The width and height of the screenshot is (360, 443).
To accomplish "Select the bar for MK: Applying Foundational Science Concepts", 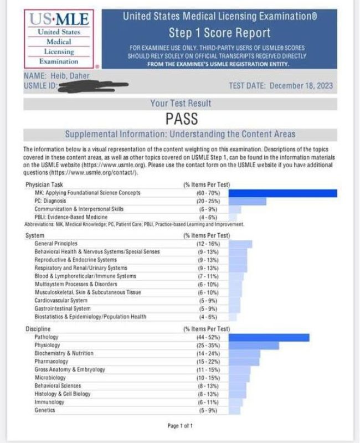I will (x=282, y=193).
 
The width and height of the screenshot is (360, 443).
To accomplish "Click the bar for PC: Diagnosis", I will (x=247, y=201).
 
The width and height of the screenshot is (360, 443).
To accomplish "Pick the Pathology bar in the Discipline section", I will (x=269, y=337).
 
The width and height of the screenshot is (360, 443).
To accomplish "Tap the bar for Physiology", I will (x=254, y=346).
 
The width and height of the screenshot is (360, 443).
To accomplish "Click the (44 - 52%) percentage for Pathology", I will (x=206, y=337).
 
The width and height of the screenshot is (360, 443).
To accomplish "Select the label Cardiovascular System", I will (x=61, y=301).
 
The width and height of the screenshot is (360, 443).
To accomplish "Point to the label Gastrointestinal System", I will (x=62, y=309).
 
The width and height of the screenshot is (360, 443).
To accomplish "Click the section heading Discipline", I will (x=39, y=329).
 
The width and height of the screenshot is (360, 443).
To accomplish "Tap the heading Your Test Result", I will (x=181, y=104).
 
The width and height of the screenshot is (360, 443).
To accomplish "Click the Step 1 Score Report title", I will (x=220, y=33).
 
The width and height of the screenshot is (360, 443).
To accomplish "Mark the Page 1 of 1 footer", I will (x=180, y=426).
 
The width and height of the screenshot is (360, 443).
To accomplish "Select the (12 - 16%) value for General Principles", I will (x=206, y=244).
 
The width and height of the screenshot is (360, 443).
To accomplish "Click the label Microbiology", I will (x=50, y=378).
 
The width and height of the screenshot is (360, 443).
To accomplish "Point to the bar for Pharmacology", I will (x=244, y=362).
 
